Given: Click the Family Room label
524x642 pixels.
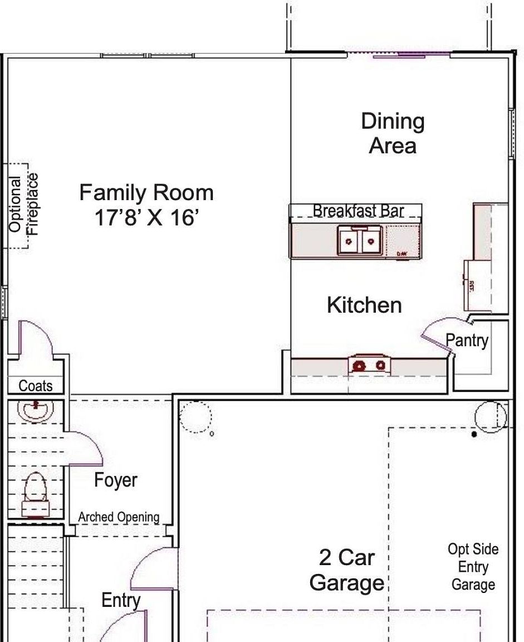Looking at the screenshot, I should point(146,193).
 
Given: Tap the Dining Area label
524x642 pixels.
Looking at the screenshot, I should point(393,133).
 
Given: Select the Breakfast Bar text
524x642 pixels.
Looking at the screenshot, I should point(358,211).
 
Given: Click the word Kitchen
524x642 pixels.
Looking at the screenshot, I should point(364,305).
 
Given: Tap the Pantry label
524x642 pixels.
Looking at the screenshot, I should point(467,340).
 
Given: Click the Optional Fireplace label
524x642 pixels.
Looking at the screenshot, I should point(23,205).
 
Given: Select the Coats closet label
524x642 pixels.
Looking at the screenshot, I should point(36,386).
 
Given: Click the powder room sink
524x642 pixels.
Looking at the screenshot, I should point(36,410).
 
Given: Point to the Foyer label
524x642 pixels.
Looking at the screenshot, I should point(115,480).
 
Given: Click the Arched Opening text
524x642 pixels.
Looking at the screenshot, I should point(119,517).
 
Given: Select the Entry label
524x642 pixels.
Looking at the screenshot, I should point(121,600).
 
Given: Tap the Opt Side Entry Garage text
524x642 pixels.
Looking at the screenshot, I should point(473,567).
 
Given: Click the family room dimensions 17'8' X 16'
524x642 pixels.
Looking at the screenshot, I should point(146,217).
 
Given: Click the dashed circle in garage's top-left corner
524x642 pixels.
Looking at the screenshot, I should point(195,417).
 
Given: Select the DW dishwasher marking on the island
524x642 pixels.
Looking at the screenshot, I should point(401,254).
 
